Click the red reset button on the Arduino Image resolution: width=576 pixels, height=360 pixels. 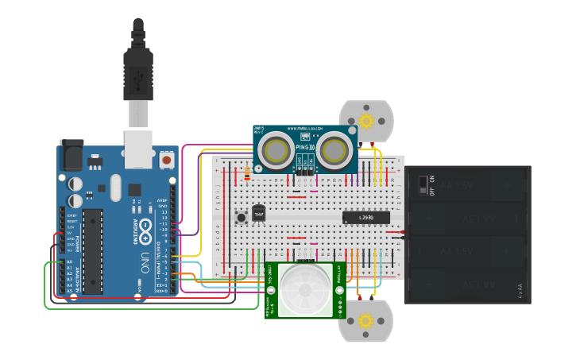[166, 160]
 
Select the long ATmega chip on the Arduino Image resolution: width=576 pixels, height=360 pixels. [93, 250]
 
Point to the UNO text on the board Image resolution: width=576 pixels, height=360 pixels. [145, 260]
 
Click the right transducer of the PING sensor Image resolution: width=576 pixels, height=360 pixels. [334, 149]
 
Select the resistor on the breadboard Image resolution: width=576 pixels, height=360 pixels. [246, 172]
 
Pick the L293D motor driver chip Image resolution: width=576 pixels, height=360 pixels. [366, 217]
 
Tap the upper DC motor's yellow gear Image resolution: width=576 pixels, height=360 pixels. [366, 121]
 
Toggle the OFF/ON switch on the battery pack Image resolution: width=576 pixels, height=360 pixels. [423, 186]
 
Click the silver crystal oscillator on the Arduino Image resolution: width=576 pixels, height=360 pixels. [116, 188]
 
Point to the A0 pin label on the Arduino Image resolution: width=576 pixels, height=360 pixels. [69, 261]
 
